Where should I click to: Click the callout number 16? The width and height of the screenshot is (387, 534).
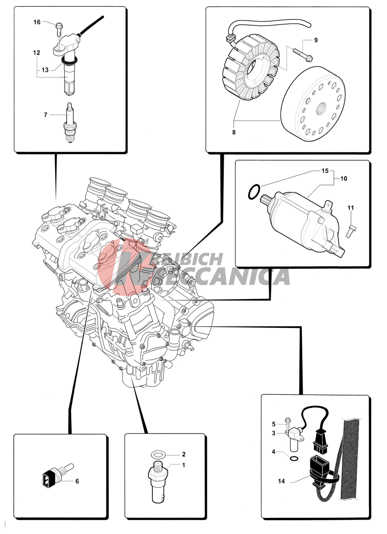coord(37,22)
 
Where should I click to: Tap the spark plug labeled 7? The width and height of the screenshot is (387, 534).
coord(70,123)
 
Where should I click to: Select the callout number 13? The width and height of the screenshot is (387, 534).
coord(45,70)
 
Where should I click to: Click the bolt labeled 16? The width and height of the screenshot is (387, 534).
coord(59,30)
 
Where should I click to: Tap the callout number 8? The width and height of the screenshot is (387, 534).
coord(234,132)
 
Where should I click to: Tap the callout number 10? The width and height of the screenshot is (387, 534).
coord(344,178)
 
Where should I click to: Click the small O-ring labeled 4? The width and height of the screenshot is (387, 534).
coord(293,459)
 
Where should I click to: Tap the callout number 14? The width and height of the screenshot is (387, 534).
coord(281,481)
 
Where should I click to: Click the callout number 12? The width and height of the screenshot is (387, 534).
coord(37,53)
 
